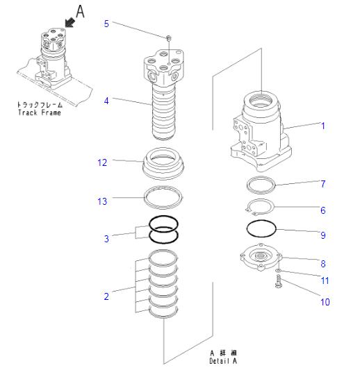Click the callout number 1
coord(322,126)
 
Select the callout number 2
coord(106,296)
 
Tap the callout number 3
coord(106,239)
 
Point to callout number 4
coord(106,101)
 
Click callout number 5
coord(106,24)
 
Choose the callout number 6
coord(322,210)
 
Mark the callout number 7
coord(322,184)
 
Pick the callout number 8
coord(322,263)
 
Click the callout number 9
coord(322,235)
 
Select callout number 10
coord(325,302)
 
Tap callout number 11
coord(324,280)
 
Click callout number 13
coord(102,201)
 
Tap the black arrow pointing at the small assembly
coord(67,24)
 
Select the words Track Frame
coord(38,113)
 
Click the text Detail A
coord(223,361)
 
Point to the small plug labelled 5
coord(169,37)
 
